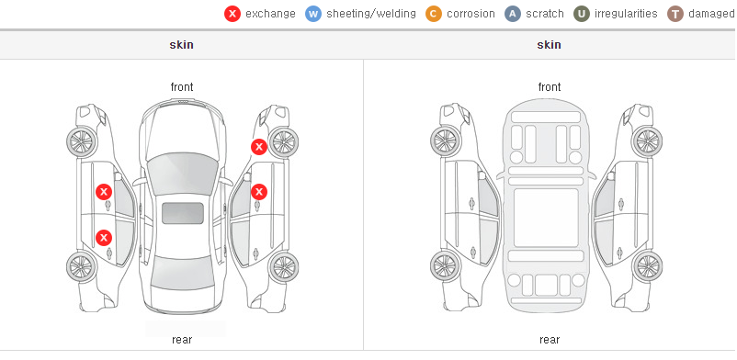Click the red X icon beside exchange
[x=232, y=14]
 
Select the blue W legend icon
[x=313, y=14]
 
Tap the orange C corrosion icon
[x=434, y=14]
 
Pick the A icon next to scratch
[x=513, y=14]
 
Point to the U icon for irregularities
[x=582, y=14]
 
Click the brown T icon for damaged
[x=675, y=14]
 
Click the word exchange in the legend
[x=270, y=14]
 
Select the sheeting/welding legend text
[x=371, y=14]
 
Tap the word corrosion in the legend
[x=471, y=14]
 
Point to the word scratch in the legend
[x=545, y=14]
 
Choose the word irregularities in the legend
[x=626, y=14]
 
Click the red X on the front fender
[x=258, y=147]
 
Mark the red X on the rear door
[x=104, y=237]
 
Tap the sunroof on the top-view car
[x=183, y=213]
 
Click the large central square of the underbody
[x=546, y=218]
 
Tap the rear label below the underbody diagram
[x=550, y=339]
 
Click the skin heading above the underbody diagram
[x=549, y=45]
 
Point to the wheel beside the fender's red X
[x=284, y=142]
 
